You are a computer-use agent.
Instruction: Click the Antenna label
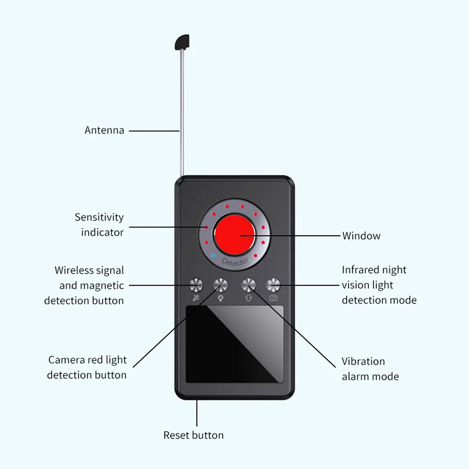click(104, 130)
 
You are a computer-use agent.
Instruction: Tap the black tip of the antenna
click(181, 42)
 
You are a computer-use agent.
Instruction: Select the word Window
click(361, 236)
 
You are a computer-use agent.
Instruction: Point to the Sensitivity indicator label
click(100, 225)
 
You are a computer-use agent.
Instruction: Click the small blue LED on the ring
click(214, 257)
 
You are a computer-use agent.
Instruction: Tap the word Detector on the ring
click(236, 260)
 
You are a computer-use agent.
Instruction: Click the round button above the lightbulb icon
click(221, 285)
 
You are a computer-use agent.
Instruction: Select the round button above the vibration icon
click(249, 285)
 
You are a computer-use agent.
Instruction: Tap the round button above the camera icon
click(274, 285)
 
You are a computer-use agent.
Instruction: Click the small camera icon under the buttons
click(274, 298)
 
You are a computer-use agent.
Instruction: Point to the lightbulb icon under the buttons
click(221, 298)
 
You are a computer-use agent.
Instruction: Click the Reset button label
click(193, 435)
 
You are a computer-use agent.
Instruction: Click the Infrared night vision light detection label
click(379, 285)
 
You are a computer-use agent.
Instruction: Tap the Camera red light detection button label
click(87, 368)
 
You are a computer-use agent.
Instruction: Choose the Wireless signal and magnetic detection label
click(84, 286)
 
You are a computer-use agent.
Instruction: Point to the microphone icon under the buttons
click(195, 298)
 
